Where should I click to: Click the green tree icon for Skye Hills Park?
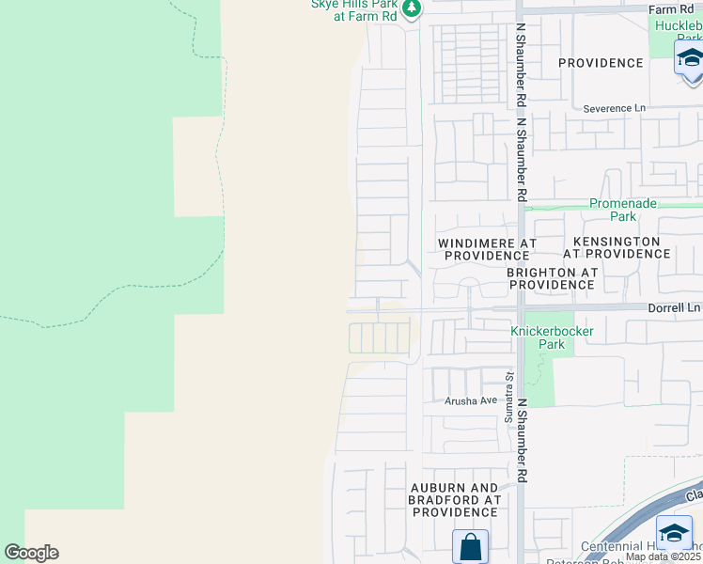tap(411, 8)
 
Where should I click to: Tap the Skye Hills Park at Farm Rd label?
tap(354, 9)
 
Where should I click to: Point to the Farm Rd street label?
tap(670, 9)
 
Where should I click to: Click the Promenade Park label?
tap(623, 210)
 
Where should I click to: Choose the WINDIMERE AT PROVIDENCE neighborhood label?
tap(487, 249)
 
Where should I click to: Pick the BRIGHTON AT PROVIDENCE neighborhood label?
tap(552, 278)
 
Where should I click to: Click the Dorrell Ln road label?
tap(675, 307)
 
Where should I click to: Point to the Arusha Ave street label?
tap(470, 400)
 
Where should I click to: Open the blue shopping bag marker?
tap(469, 546)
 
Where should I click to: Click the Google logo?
tap(31, 553)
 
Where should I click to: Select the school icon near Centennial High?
tap(674, 532)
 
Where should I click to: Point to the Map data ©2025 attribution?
tap(664, 556)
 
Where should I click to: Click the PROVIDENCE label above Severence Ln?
tap(601, 63)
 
